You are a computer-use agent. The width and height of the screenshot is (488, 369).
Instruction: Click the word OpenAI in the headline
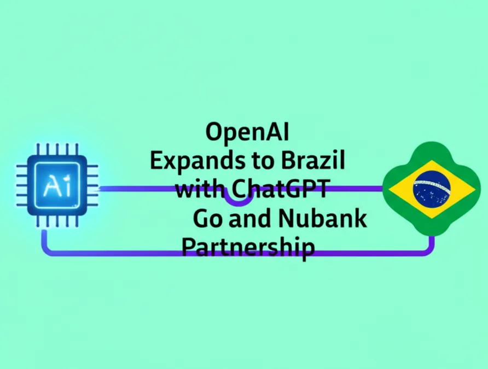tap(247, 133)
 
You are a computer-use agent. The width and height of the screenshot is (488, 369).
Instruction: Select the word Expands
tap(193, 161)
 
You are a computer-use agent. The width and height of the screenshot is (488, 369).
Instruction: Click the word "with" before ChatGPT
tap(199, 190)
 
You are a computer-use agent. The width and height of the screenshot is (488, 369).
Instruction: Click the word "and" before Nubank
tap(246, 219)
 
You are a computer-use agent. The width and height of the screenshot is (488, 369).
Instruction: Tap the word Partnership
tap(248, 247)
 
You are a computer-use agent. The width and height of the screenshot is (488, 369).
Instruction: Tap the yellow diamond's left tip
tap(390, 189)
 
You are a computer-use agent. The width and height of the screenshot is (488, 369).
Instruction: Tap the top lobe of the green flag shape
tap(432, 150)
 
